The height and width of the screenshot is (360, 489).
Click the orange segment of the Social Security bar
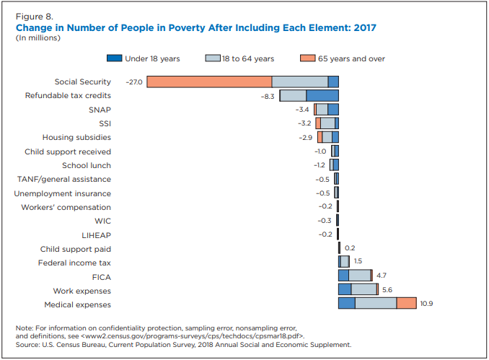point(209,82)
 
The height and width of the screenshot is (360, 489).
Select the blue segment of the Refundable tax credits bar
point(322,95)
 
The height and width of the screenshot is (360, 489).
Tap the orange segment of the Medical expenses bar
point(406,304)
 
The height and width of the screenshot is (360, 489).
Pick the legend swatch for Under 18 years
point(113,58)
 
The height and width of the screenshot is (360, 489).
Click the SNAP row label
point(100,110)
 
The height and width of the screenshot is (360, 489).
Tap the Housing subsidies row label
point(76,137)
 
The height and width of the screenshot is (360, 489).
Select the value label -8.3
point(268,96)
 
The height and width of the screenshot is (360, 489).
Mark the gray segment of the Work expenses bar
point(364,290)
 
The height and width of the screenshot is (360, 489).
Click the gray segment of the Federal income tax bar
point(345,262)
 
